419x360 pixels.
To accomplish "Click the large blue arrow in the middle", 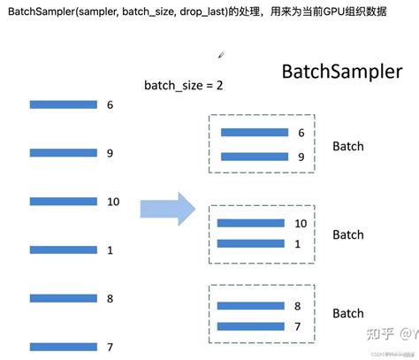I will pos(167,209).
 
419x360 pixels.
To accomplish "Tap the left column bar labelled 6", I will pos(63,104).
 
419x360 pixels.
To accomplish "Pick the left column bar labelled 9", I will pos(63,153).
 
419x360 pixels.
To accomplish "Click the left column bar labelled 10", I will pos(63,202).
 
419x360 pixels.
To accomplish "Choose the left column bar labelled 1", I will pos(63,250).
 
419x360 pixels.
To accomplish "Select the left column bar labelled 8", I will pos(63,298).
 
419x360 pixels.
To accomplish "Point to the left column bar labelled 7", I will pos(63,346).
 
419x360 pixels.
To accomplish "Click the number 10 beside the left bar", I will pos(112,202).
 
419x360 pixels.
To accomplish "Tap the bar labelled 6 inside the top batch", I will pos(254,133).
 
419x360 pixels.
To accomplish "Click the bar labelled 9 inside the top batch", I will pos(254,157).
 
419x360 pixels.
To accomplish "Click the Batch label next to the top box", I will pos(347,146).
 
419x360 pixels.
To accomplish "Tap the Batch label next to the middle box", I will pos(347,234).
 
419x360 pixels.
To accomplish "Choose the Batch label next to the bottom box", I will pos(347,314).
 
